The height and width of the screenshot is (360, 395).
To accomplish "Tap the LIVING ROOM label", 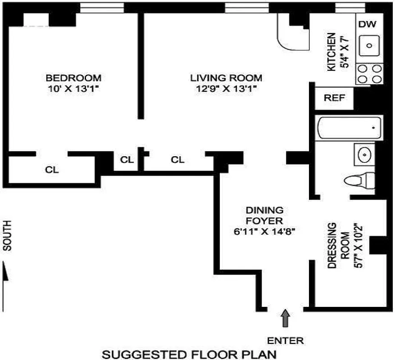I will point(226,78).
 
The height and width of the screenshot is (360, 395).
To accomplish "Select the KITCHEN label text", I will point(331,52).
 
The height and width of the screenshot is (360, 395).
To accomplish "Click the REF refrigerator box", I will point(334,98).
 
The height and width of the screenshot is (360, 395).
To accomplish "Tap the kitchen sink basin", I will point(370,45).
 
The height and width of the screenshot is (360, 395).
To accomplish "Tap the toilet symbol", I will point(359,181).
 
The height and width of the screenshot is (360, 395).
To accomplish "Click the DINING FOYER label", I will point(264,216).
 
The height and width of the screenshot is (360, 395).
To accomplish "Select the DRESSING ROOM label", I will point(338,245).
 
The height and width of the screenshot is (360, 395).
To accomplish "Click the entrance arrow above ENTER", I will point(286,317).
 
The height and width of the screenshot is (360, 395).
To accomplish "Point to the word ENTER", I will point(286,340).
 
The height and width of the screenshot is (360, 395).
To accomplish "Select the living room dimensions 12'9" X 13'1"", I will point(226,89).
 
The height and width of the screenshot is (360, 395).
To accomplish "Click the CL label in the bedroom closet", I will point(51,170).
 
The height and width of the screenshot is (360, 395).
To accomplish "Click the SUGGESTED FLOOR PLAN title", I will point(189,354).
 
